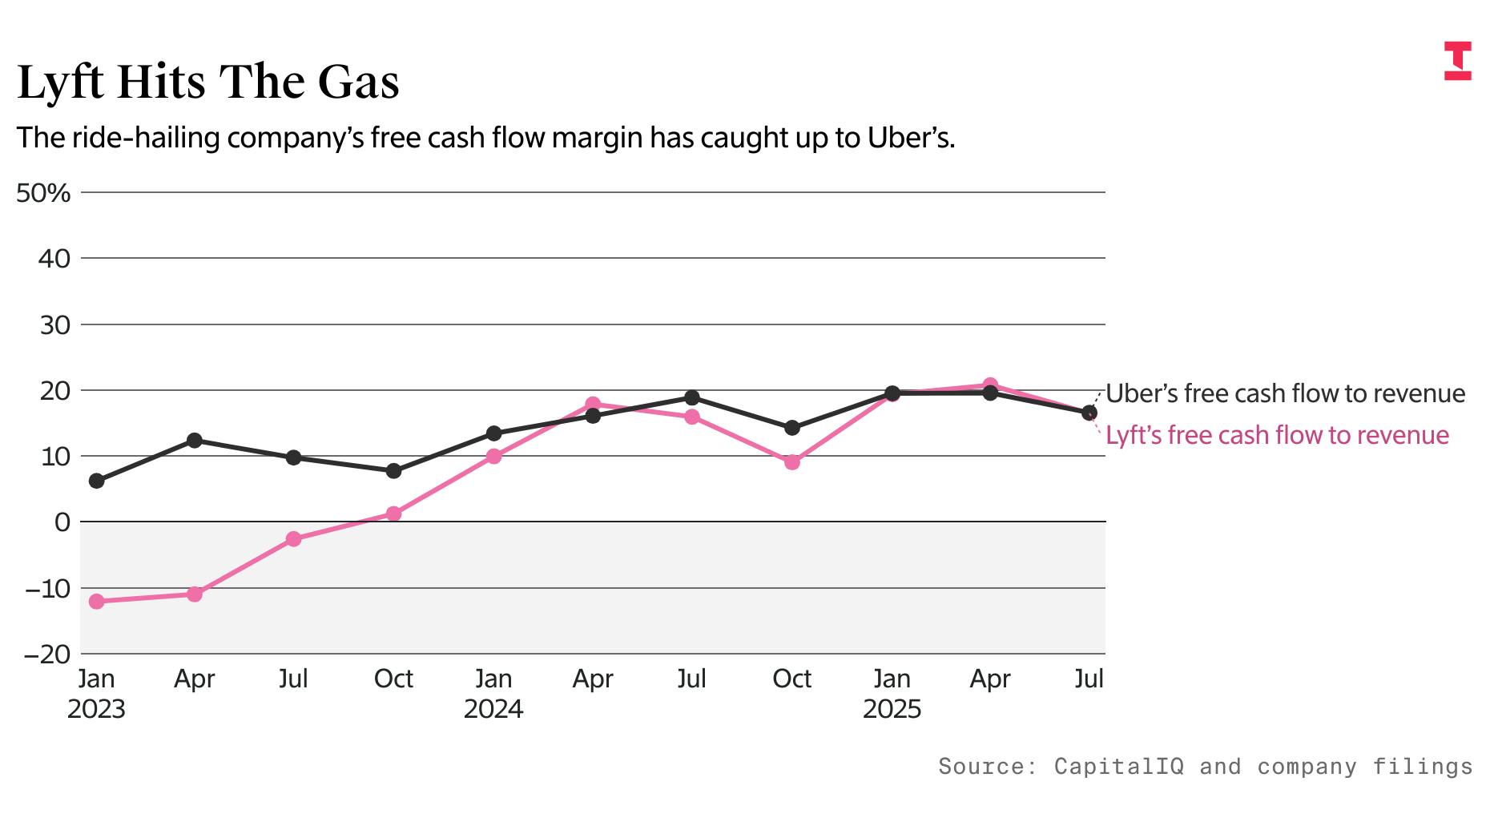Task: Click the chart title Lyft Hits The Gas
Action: [208, 83]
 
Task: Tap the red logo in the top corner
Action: [1457, 61]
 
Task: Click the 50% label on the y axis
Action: [43, 193]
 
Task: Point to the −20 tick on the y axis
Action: [47, 655]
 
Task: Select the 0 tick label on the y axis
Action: [62, 522]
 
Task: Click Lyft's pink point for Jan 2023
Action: [97, 602]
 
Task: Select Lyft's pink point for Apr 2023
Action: [195, 594]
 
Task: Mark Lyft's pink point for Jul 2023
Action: [294, 539]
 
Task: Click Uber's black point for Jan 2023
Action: [97, 481]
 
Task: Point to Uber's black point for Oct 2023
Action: [393, 471]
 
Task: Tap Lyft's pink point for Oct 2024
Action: [792, 462]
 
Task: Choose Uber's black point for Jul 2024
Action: [692, 398]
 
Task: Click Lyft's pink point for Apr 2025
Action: [990, 385]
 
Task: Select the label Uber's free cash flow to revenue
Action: [1285, 393]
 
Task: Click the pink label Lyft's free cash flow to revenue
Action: [1277, 435]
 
